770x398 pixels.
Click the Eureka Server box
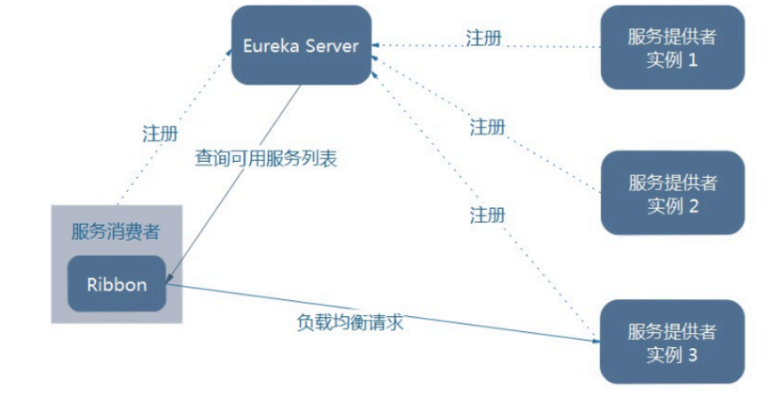(x=301, y=45)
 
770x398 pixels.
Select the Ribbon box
(x=117, y=283)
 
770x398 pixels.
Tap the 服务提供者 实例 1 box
(x=672, y=48)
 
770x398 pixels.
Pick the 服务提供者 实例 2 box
(x=672, y=193)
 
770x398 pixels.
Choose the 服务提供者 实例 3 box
(x=672, y=342)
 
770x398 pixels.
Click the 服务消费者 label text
(x=116, y=231)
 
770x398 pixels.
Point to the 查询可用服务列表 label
(x=265, y=158)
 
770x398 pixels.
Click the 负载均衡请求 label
(x=351, y=321)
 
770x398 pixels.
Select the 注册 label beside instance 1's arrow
(x=483, y=39)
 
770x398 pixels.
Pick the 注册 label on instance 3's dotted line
(x=487, y=215)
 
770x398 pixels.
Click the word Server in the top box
(x=331, y=45)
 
